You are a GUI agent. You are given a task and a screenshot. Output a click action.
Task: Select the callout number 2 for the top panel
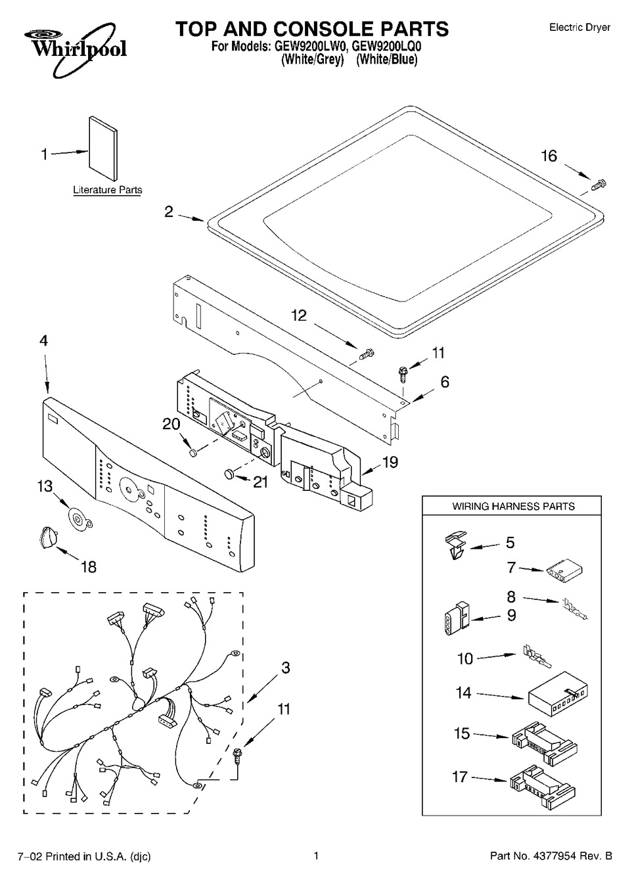pos(169,212)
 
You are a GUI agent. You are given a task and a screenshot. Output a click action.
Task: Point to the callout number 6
pos(445,381)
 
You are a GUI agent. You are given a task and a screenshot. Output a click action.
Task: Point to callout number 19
pos(390,462)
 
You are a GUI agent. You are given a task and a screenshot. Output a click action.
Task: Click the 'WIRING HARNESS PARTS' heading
pos(513,506)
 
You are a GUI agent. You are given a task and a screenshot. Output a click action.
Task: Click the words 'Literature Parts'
pos(107,190)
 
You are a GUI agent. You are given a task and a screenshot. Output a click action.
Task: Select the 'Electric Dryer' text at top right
pos(579,27)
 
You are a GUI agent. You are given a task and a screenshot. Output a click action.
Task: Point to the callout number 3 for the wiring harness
pos(285,667)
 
